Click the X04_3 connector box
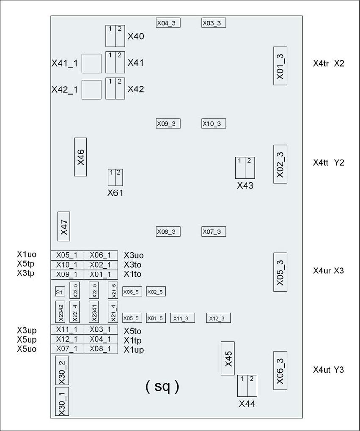click(168, 23)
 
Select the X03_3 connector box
click(214, 23)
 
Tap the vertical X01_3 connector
click(280, 66)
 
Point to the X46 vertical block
click(80, 157)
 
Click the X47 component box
click(63, 226)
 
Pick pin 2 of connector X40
click(120, 36)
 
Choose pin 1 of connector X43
click(240, 168)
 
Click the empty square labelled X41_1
click(92, 63)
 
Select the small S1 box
click(60, 292)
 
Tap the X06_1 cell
click(101, 255)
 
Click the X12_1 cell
click(67, 339)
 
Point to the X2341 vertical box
click(94, 312)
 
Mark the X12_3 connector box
click(219, 318)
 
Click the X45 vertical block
click(228, 358)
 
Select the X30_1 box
click(62, 401)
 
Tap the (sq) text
click(162, 386)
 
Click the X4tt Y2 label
click(329, 162)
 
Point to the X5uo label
click(27, 349)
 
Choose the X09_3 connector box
click(168, 124)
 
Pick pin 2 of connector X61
click(119, 177)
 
